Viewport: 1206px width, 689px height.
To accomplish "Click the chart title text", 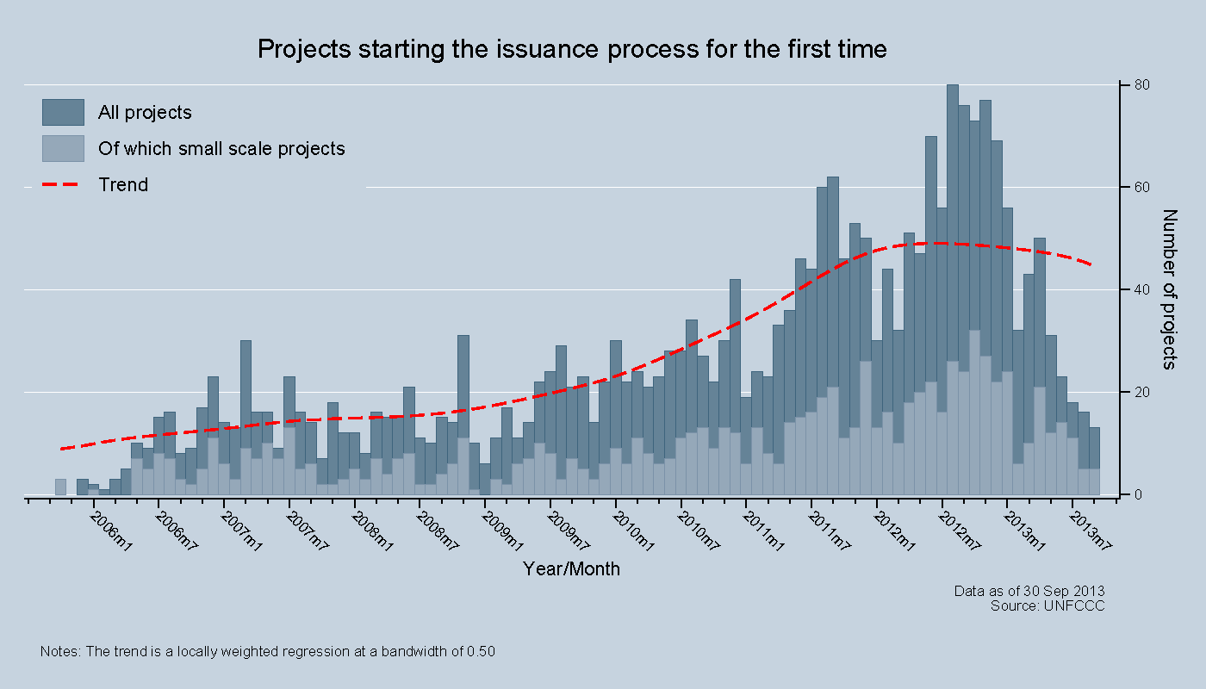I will coord(572,49).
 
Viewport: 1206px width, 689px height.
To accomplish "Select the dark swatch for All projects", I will coord(63,112).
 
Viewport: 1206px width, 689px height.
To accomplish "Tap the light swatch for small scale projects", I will coord(63,148).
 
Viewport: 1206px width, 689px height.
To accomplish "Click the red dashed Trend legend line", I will coord(63,184).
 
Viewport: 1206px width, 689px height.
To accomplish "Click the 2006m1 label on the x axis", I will coord(112,531).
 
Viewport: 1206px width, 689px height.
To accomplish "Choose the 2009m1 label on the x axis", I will coord(503,531).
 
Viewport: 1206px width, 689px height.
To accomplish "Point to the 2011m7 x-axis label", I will coord(830,531).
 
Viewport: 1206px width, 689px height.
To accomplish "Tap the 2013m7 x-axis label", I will coord(1091,531).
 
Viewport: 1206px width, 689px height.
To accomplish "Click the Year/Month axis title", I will coord(571,569).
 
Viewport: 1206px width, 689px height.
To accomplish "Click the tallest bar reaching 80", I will coord(953,258).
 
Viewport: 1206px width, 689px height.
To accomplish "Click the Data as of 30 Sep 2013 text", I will coord(1029,591).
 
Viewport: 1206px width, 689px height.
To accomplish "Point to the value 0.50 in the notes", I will coord(481,652).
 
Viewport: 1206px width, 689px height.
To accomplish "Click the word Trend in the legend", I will coord(123,184).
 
